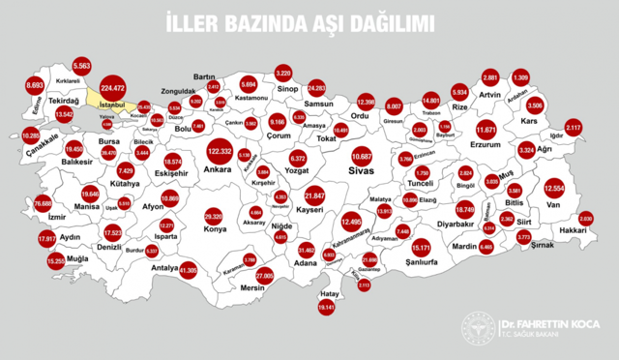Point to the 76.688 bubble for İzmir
(43, 204)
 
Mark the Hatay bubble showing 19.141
(325, 308)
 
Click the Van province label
(554, 204)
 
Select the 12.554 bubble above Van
(554, 188)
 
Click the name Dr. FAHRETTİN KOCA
(547, 323)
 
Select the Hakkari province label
(573, 233)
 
